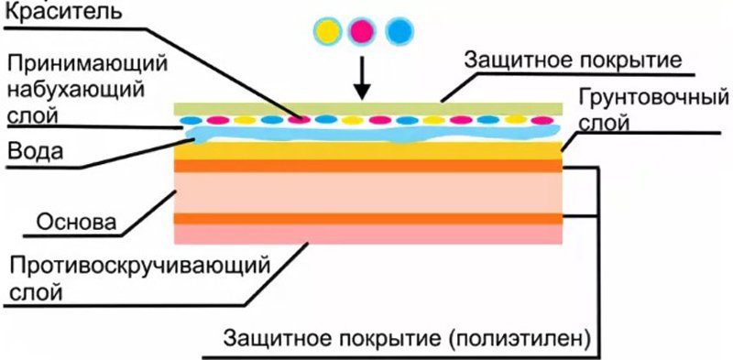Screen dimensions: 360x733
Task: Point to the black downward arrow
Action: click(362, 78)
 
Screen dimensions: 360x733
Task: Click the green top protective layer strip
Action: click(366, 108)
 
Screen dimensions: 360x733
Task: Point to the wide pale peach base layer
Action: click(366, 192)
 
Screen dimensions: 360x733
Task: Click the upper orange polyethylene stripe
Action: click(366, 166)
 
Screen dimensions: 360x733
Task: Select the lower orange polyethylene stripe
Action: click(366, 218)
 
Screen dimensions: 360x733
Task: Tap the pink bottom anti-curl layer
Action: click(366, 235)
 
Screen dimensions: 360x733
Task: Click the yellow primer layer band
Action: click(366, 151)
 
